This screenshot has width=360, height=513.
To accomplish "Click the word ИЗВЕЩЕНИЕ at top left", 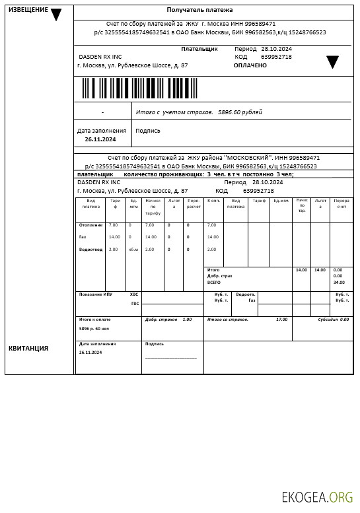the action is (28, 10).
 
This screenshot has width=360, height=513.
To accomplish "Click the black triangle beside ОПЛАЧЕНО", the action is (332, 62).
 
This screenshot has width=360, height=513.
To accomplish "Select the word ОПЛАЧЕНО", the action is (250, 65).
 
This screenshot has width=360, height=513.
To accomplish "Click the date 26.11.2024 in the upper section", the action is (100, 139).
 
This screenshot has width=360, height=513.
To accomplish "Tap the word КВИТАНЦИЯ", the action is (28, 348).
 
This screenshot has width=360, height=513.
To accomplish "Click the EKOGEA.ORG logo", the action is (317, 497).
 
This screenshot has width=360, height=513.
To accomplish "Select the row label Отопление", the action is (90, 225).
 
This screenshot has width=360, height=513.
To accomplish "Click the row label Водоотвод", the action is (90, 250).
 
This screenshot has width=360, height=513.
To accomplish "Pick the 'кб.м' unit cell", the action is (133, 250).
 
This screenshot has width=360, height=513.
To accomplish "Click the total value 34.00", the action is (339, 283).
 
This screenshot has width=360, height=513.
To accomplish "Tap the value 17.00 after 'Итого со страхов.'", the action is (281, 320).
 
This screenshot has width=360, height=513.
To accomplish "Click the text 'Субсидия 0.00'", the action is (333, 320).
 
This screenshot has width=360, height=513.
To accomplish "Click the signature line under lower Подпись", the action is (171, 358).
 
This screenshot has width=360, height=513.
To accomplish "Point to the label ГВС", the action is (135, 304).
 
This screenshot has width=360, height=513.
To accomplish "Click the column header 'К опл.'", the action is (213, 200).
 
